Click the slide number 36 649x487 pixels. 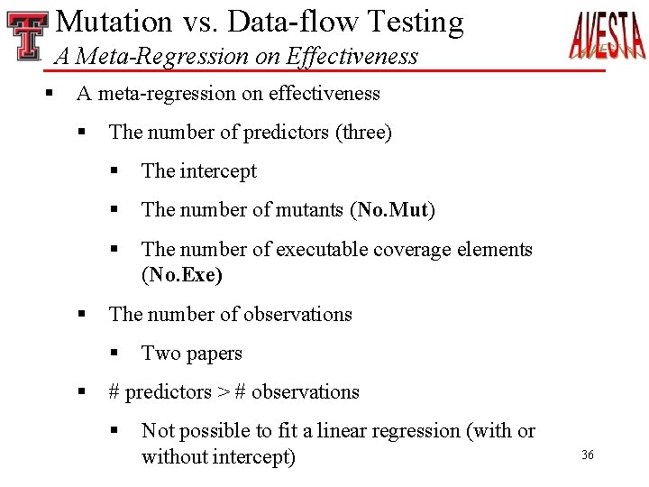point(588,455)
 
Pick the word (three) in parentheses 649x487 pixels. point(363,133)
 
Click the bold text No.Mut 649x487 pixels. point(392,210)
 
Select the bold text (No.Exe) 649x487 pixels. point(182,275)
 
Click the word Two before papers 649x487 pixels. point(161,354)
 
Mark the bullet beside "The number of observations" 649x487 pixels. point(82,315)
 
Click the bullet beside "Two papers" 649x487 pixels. point(114,354)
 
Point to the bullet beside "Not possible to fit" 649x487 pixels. point(114,431)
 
